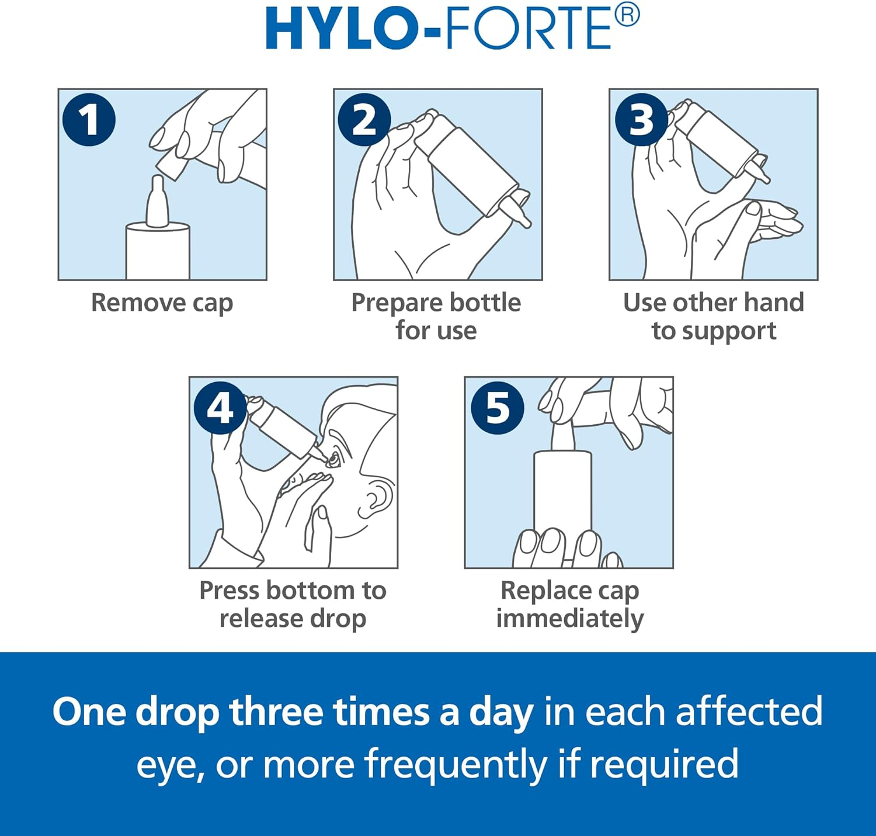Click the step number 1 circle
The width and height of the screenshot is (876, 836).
(x=89, y=120)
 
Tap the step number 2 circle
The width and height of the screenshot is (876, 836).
(x=364, y=120)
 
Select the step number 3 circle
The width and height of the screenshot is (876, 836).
(x=641, y=120)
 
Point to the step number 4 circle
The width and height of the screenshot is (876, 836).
(x=220, y=407)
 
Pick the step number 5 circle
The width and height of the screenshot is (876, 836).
(x=498, y=407)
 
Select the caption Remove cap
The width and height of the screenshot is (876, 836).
(x=162, y=303)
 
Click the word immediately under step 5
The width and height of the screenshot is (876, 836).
(x=569, y=618)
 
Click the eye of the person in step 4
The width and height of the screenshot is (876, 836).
(x=333, y=460)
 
